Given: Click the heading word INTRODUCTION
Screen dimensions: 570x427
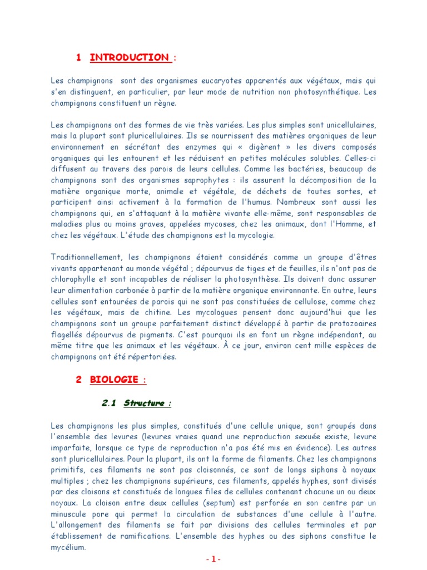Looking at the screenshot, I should [130, 57].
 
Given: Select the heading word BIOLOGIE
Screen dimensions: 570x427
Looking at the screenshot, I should [115, 380].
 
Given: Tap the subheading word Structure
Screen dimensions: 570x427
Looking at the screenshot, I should [144, 403].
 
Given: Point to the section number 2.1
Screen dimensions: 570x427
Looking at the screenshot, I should [108, 403].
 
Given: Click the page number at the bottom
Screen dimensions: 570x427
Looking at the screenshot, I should [213, 559].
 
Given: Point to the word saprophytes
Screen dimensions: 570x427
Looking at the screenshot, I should [209, 180].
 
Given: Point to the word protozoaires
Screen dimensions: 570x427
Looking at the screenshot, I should [352, 323].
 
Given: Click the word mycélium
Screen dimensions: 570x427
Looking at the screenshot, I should [69, 548].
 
